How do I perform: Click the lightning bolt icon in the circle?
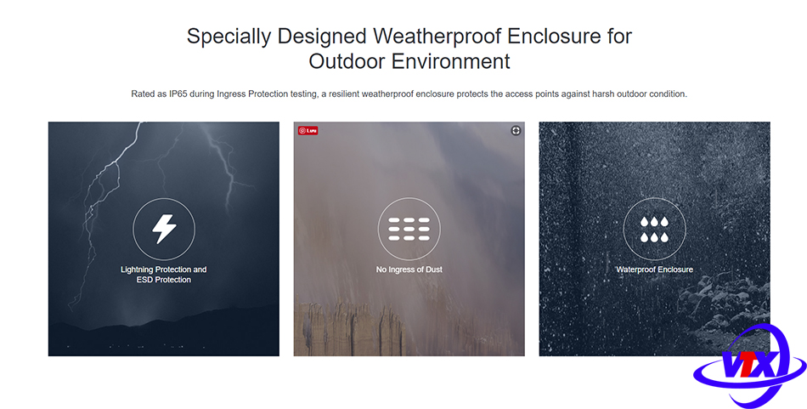(164, 230)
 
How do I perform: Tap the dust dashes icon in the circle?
(409, 230)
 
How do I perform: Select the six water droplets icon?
(654, 230)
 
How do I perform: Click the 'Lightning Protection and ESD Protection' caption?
(164, 275)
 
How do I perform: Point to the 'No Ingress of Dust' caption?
(409, 270)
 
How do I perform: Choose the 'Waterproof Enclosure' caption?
(654, 270)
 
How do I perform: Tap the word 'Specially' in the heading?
(229, 37)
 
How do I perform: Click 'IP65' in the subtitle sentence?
(178, 94)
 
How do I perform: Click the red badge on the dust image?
(308, 131)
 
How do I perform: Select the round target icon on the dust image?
(516, 131)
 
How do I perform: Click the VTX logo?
(749, 365)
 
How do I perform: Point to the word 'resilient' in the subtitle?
(343, 94)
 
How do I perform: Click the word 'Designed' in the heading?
(322, 37)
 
